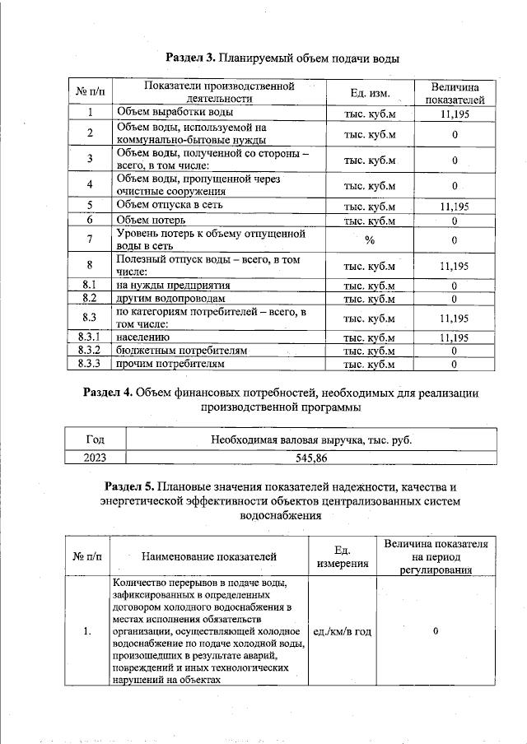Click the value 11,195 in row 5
click(455, 206)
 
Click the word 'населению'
click(143, 337)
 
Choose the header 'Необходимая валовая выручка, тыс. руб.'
click(310, 440)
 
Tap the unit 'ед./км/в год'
click(342, 631)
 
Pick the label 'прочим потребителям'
click(170, 363)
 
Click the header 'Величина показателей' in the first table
click(455, 92)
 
